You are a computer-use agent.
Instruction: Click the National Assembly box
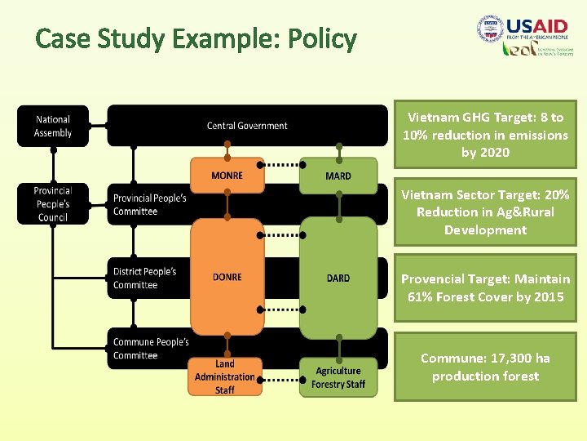pyautogui.click(x=53, y=127)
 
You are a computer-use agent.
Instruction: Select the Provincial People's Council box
pyautogui.click(x=53, y=204)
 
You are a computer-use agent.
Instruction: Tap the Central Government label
pyautogui.click(x=247, y=126)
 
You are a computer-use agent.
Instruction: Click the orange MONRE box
pyautogui.click(x=227, y=175)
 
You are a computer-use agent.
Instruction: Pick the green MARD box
pyautogui.click(x=338, y=176)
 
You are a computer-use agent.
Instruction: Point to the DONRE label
pyautogui.click(x=227, y=278)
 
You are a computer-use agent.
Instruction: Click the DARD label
pyautogui.click(x=338, y=278)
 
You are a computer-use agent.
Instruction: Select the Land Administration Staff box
pyautogui.click(x=225, y=376)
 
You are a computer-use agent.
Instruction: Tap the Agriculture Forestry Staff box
pyautogui.click(x=338, y=377)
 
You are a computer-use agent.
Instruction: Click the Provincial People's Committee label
pyautogui.click(x=149, y=205)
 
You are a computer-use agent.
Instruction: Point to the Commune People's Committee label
pyautogui.click(x=151, y=349)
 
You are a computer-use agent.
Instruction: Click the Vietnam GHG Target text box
pyautogui.click(x=485, y=135)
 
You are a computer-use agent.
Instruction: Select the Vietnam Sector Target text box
pyautogui.click(x=485, y=212)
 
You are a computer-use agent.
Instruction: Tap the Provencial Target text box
pyautogui.click(x=485, y=287)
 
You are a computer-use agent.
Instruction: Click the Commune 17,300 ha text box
pyautogui.click(x=485, y=367)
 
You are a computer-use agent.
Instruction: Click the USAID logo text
pyautogui.click(x=538, y=27)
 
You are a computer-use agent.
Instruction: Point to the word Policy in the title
pyautogui.click(x=322, y=38)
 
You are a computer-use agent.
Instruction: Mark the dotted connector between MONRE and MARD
pyautogui.click(x=281, y=164)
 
